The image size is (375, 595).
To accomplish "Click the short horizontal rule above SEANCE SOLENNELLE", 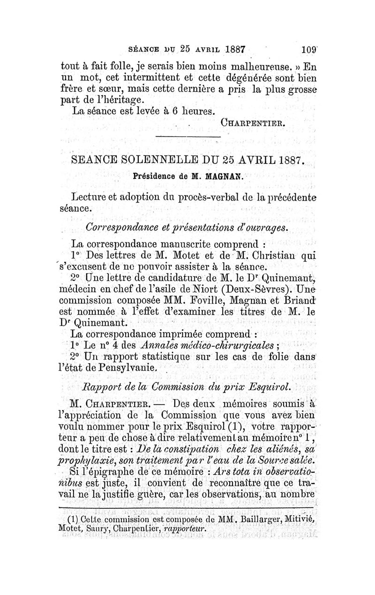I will (187, 136).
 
